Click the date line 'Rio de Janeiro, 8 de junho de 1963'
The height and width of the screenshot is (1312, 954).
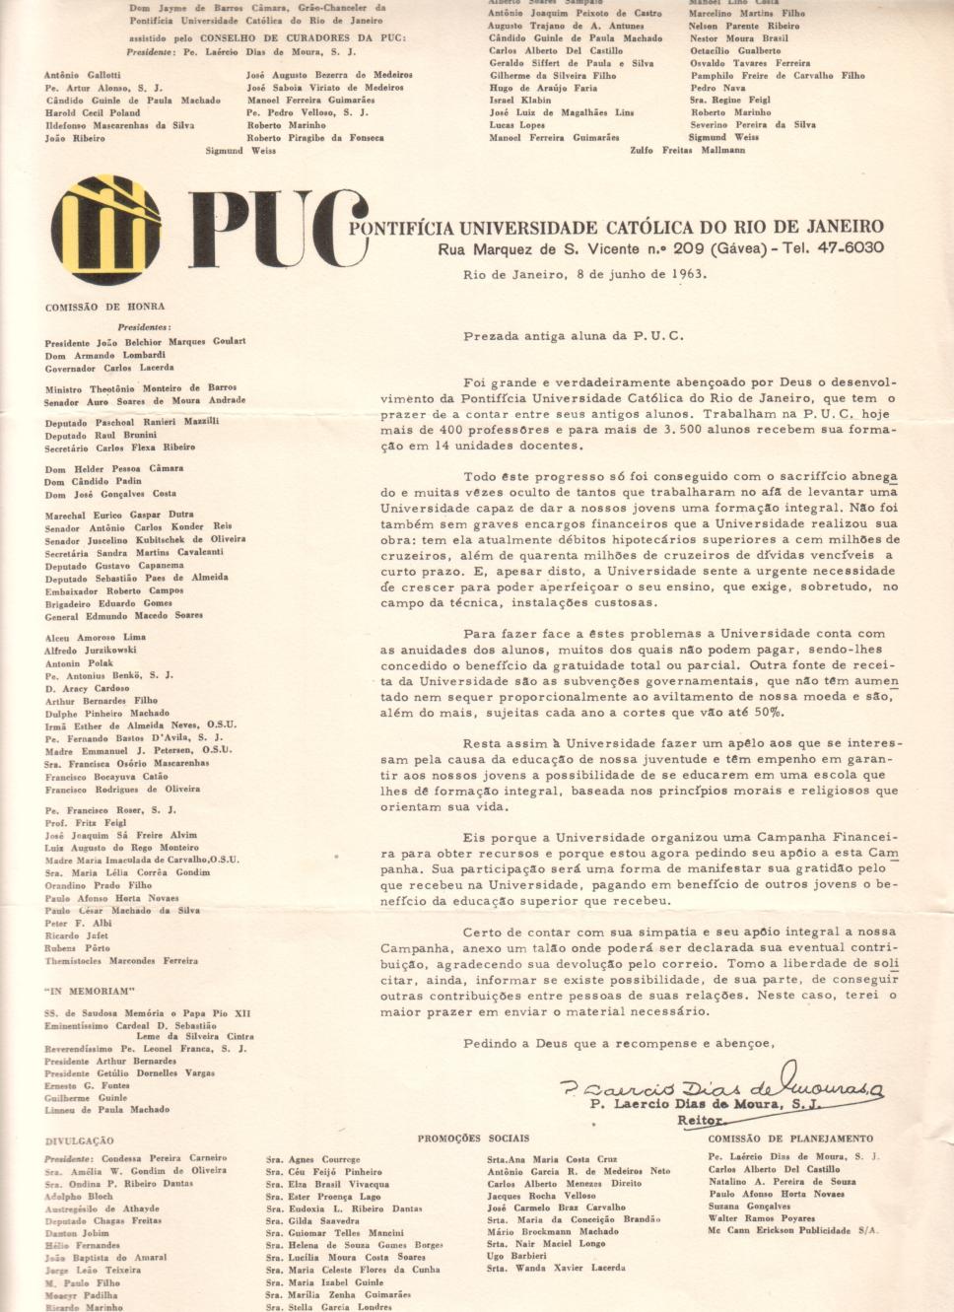click(584, 275)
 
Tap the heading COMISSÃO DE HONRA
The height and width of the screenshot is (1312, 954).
click(104, 308)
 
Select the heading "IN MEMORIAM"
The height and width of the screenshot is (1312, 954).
click(90, 992)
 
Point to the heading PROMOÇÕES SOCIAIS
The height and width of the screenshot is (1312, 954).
click(473, 1139)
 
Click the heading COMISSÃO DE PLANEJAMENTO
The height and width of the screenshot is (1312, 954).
click(790, 1139)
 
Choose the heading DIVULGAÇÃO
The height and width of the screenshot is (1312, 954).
click(79, 1140)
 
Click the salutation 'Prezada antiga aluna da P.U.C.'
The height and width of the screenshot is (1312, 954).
click(574, 336)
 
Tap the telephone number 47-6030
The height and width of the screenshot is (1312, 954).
click(851, 248)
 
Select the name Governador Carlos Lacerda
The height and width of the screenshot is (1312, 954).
click(109, 368)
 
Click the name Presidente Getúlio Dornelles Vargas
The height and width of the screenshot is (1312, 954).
click(129, 1072)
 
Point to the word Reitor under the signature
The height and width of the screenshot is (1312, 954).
click(700, 1121)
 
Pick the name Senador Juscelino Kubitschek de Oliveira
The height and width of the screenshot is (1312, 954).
click(145, 539)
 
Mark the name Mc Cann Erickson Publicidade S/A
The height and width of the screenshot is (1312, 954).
click(792, 1230)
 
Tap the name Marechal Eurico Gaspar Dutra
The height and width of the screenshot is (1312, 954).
click(119, 515)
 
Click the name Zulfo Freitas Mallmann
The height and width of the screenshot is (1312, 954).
click(688, 150)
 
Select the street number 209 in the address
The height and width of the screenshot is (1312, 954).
click(688, 248)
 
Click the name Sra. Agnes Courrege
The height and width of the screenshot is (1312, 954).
click(312, 1159)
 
